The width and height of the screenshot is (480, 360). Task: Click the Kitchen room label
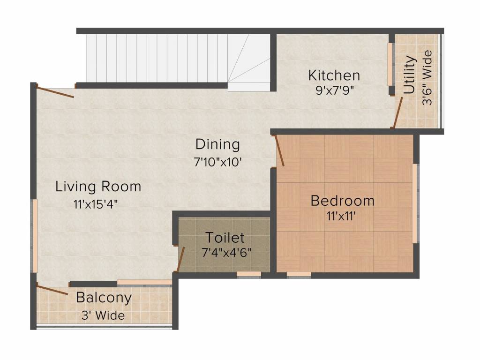coord(334,75)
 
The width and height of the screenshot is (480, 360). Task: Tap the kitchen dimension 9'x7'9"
coord(335,90)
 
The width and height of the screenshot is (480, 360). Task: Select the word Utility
coord(410,75)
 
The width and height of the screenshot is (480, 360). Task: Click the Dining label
coord(217,144)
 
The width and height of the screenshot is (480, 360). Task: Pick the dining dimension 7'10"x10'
coord(218,162)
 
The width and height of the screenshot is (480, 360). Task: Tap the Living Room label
coord(98,187)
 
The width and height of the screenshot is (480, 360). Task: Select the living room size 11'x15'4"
coord(96,204)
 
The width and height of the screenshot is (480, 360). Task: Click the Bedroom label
coord(343,201)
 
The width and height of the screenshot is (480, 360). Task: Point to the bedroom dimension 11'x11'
coord(341,216)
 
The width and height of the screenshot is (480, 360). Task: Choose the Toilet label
coord(225,238)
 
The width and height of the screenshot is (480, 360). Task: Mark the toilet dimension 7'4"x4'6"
coord(227,253)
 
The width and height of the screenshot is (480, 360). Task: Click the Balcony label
coord(104,298)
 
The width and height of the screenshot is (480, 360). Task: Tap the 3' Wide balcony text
coord(103,315)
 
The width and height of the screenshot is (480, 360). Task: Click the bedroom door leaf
coord(280,151)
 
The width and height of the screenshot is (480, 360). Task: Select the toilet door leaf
coord(180,260)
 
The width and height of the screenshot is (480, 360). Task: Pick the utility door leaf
coord(398,112)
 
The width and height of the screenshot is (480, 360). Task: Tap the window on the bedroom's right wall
coord(415,203)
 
